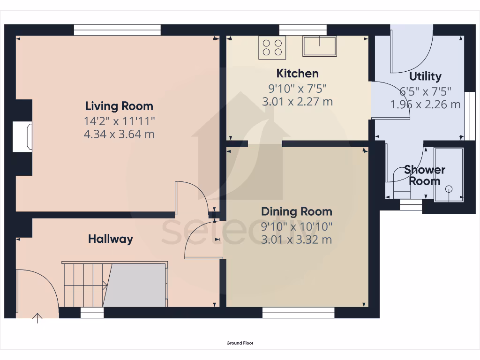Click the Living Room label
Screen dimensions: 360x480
(x=119, y=106)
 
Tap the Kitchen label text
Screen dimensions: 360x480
(x=297, y=74)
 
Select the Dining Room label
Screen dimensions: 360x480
(x=296, y=211)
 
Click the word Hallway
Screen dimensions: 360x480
(x=111, y=239)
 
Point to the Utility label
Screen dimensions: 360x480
(x=425, y=76)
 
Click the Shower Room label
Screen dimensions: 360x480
(x=425, y=175)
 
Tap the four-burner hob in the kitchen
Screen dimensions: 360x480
(x=272, y=47)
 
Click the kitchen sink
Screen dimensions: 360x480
(x=319, y=46)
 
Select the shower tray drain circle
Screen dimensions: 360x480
(x=449, y=189)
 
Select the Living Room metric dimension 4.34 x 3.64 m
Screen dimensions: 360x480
(x=119, y=135)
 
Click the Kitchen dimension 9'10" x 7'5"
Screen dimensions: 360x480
(x=297, y=88)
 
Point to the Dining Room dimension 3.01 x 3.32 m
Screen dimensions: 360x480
(x=296, y=240)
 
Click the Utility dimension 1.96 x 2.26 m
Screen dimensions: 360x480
(x=425, y=105)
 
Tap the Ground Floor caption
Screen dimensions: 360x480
(x=240, y=343)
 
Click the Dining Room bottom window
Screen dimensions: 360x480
(x=298, y=313)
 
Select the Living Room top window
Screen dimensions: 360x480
(x=117, y=30)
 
